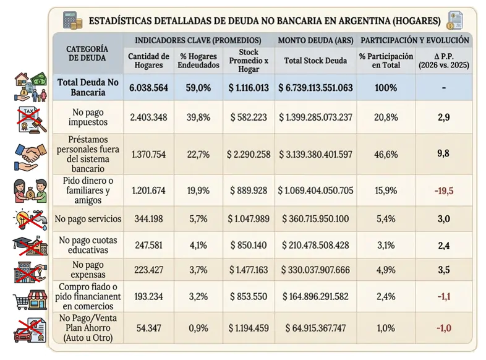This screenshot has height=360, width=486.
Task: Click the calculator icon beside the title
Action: pos(72,20)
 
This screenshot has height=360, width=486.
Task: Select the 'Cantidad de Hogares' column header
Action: pos(148,60)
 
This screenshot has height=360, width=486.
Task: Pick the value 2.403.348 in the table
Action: pos(148,116)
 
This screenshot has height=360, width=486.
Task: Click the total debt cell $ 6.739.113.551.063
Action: pos(315,88)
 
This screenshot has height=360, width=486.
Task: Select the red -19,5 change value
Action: pos(443,191)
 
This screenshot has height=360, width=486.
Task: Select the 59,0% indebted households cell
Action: pos(198,88)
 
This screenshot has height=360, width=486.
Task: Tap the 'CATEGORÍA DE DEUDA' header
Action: pos(87,53)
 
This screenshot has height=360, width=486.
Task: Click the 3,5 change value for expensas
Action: pos(443,270)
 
